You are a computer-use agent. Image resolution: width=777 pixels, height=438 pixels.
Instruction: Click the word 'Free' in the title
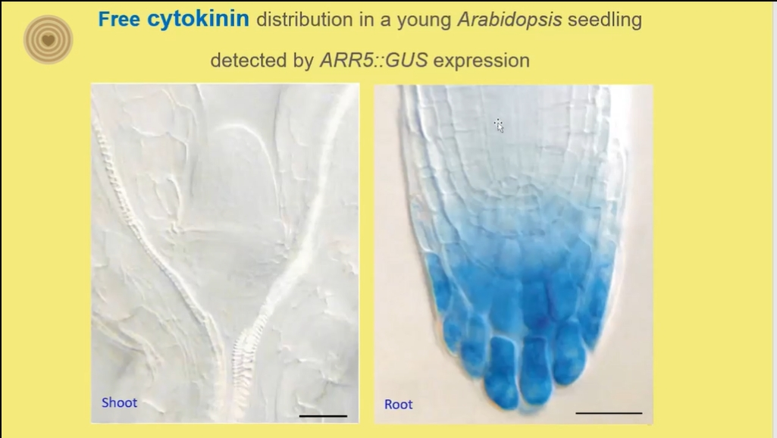click(119, 20)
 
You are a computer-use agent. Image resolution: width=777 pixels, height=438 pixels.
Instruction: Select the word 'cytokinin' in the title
click(198, 20)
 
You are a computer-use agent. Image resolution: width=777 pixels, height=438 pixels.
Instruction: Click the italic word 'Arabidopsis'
click(509, 20)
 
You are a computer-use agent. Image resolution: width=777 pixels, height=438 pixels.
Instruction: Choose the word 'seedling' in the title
click(605, 20)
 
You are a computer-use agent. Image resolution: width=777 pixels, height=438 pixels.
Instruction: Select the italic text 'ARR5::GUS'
click(374, 61)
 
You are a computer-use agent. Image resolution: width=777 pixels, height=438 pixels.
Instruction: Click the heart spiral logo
click(48, 39)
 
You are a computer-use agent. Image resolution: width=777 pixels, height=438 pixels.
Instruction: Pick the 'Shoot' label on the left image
click(120, 402)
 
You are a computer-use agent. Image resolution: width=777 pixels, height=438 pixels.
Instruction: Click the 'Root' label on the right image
click(399, 405)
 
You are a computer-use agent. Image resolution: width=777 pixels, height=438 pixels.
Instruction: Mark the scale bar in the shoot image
click(323, 416)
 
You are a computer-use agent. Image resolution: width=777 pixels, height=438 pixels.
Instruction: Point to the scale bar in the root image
click(609, 413)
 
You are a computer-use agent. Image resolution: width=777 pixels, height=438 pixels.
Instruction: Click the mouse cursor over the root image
click(499, 125)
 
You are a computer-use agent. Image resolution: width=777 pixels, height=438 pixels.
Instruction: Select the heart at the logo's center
click(48, 40)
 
